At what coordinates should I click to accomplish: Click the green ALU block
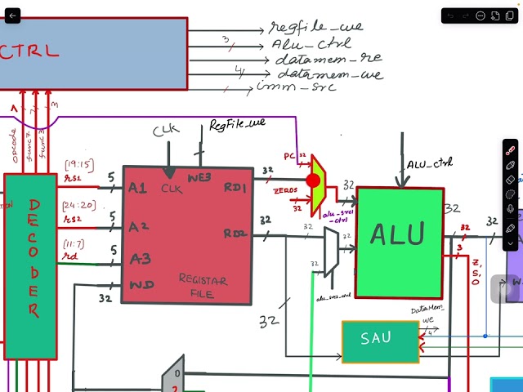tap(399, 234)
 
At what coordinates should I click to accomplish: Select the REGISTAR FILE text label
tap(203, 286)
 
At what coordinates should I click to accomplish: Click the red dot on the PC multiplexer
tap(313, 180)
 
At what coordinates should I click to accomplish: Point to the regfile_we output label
tap(316, 27)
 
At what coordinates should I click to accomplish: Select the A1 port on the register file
tap(137, 188)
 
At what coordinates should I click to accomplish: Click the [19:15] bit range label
tap(78, 166)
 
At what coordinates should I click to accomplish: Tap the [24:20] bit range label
tap(78, 205)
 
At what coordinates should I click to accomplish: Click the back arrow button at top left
tap(12, 16)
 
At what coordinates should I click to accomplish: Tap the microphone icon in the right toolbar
tap(511, 209)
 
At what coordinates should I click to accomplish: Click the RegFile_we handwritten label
tap(237, 124)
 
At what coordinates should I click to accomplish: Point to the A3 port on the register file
tap(138, 259)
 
